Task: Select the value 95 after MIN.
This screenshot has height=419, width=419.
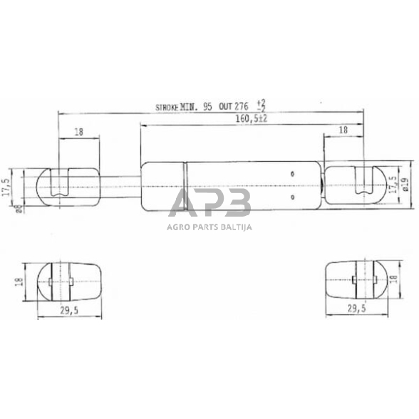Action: pyautogui.click(x=207, y=107)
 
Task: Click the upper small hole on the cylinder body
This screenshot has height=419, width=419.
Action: pyautogui.click(x=292, y=173)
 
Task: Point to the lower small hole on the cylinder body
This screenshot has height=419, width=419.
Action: pyautogui.click(x=292, y=197)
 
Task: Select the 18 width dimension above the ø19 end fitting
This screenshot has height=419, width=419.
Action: pyautogui.click(x=343, y=130)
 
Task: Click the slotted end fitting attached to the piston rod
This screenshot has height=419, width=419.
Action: pyautogui.click(x=68, y=185)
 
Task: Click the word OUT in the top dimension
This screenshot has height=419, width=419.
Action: pyautogui.click(x=226, y=107)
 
